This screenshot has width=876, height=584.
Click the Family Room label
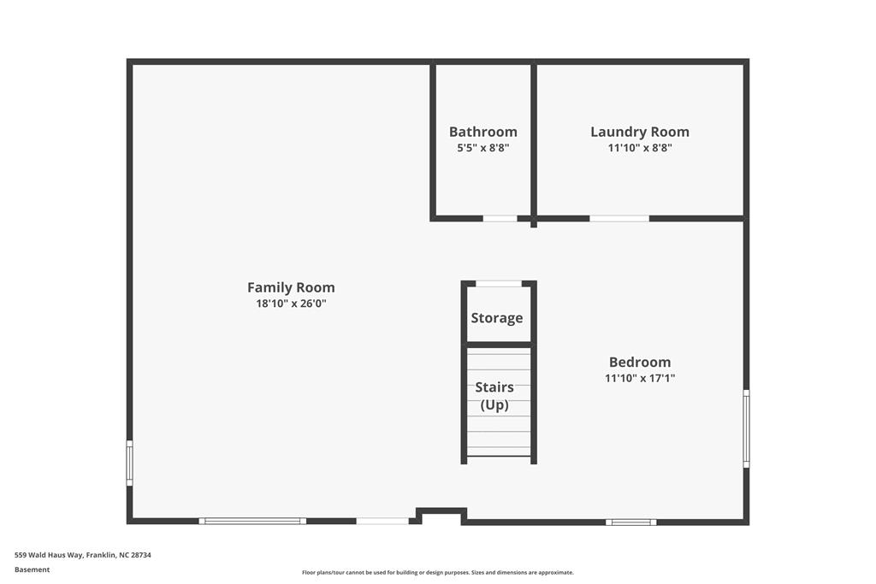291,287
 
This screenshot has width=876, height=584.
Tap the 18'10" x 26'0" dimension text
291,304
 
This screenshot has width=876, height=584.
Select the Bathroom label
483,132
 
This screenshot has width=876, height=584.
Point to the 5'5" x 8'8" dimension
483,147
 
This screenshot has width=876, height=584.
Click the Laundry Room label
640,132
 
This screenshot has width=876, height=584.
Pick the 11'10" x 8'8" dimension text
640,147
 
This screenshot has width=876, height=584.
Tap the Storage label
497,318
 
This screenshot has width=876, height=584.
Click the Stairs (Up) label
494,396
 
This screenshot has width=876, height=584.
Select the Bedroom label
640,362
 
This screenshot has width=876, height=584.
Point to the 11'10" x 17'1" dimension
640,377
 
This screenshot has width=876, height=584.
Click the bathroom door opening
500,219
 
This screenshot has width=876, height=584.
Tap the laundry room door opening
619,219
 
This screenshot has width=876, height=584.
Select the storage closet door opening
499,284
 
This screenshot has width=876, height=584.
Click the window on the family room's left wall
130,463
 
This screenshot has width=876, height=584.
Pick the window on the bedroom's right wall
746,428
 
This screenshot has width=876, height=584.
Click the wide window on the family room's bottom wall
252,521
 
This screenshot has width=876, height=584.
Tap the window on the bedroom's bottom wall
631,522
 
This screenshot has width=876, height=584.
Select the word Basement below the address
33,569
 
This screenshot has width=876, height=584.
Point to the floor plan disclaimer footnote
437,573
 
